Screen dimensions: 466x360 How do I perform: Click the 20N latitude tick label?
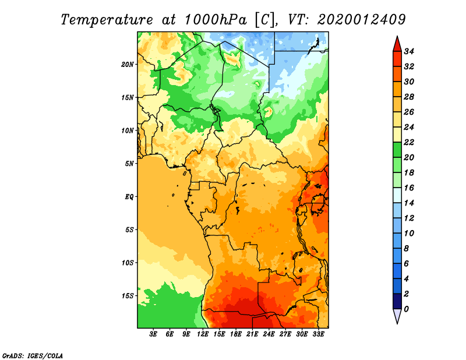coord(128,65)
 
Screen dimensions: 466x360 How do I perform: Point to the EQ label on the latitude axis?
coord(129,197)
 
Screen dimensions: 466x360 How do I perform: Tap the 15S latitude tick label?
coord(128,296)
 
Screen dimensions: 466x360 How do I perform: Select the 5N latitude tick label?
coord(129,164)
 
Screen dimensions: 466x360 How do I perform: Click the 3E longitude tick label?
coord(153,334)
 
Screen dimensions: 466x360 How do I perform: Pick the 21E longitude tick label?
coord(252,334)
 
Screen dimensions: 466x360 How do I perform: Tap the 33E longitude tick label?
coord(318,334)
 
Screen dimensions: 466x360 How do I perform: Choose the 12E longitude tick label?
coord(203,334)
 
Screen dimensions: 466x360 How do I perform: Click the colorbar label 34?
coord(409,51)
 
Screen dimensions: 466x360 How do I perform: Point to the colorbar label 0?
coord(406,309)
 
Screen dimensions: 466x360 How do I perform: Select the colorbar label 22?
coord(409,142)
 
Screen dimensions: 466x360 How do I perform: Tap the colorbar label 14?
coord(409,203)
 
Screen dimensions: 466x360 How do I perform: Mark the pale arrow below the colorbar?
coord(397,316)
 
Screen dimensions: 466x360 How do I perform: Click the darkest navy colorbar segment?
coord(397,301)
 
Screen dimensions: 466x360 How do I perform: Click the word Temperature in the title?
coord(107,20)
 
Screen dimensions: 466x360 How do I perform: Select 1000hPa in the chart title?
coord(216,20)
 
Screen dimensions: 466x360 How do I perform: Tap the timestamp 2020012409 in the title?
coord(361,20)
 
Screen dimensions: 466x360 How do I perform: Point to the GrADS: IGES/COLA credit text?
coord(33,356)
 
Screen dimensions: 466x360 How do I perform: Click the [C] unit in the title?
coord(264,20)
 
